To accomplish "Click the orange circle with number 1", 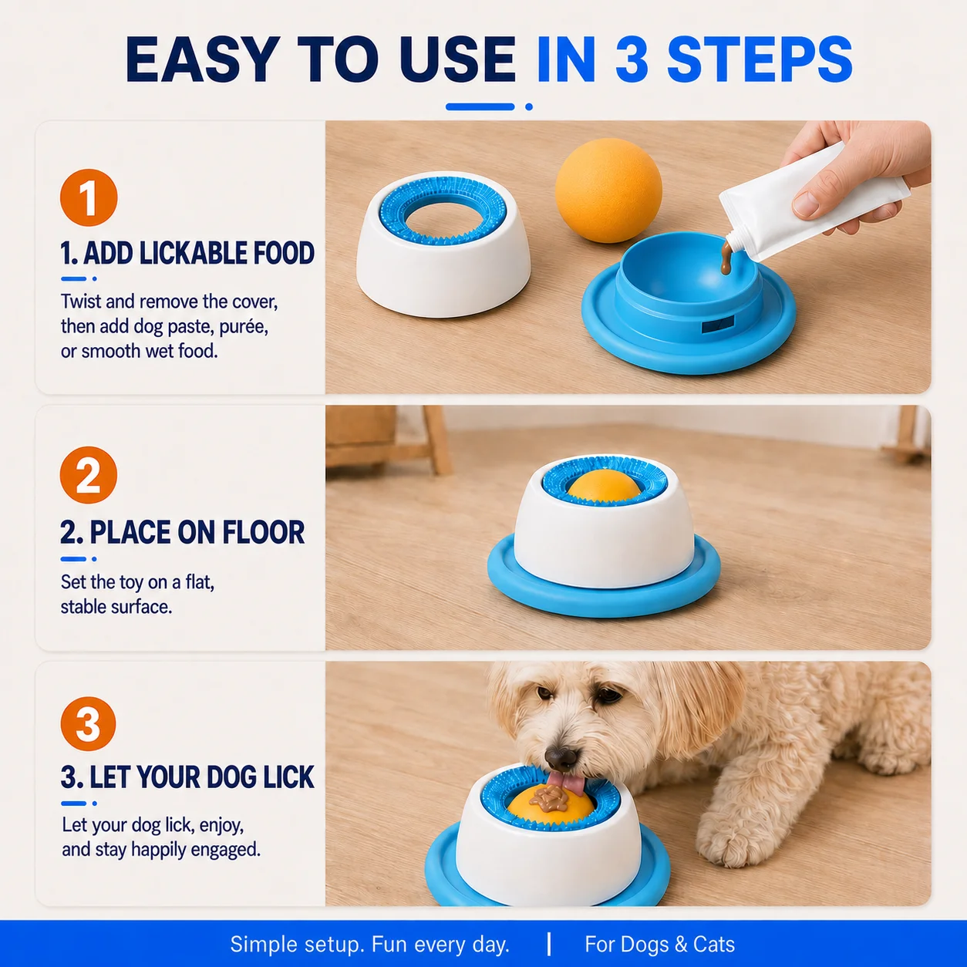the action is tap(89, 197).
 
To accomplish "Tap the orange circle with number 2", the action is tap(89, 475).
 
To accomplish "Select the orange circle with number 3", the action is tap(89, 723).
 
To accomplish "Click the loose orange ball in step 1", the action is tap(608, 190).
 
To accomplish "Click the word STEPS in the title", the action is tap(760, 59).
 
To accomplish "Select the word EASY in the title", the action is tap(202, 59).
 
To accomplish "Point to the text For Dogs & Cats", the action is tap(659, 945).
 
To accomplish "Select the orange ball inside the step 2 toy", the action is tap(605, 486).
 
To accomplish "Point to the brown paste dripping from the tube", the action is tap(726, 256).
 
